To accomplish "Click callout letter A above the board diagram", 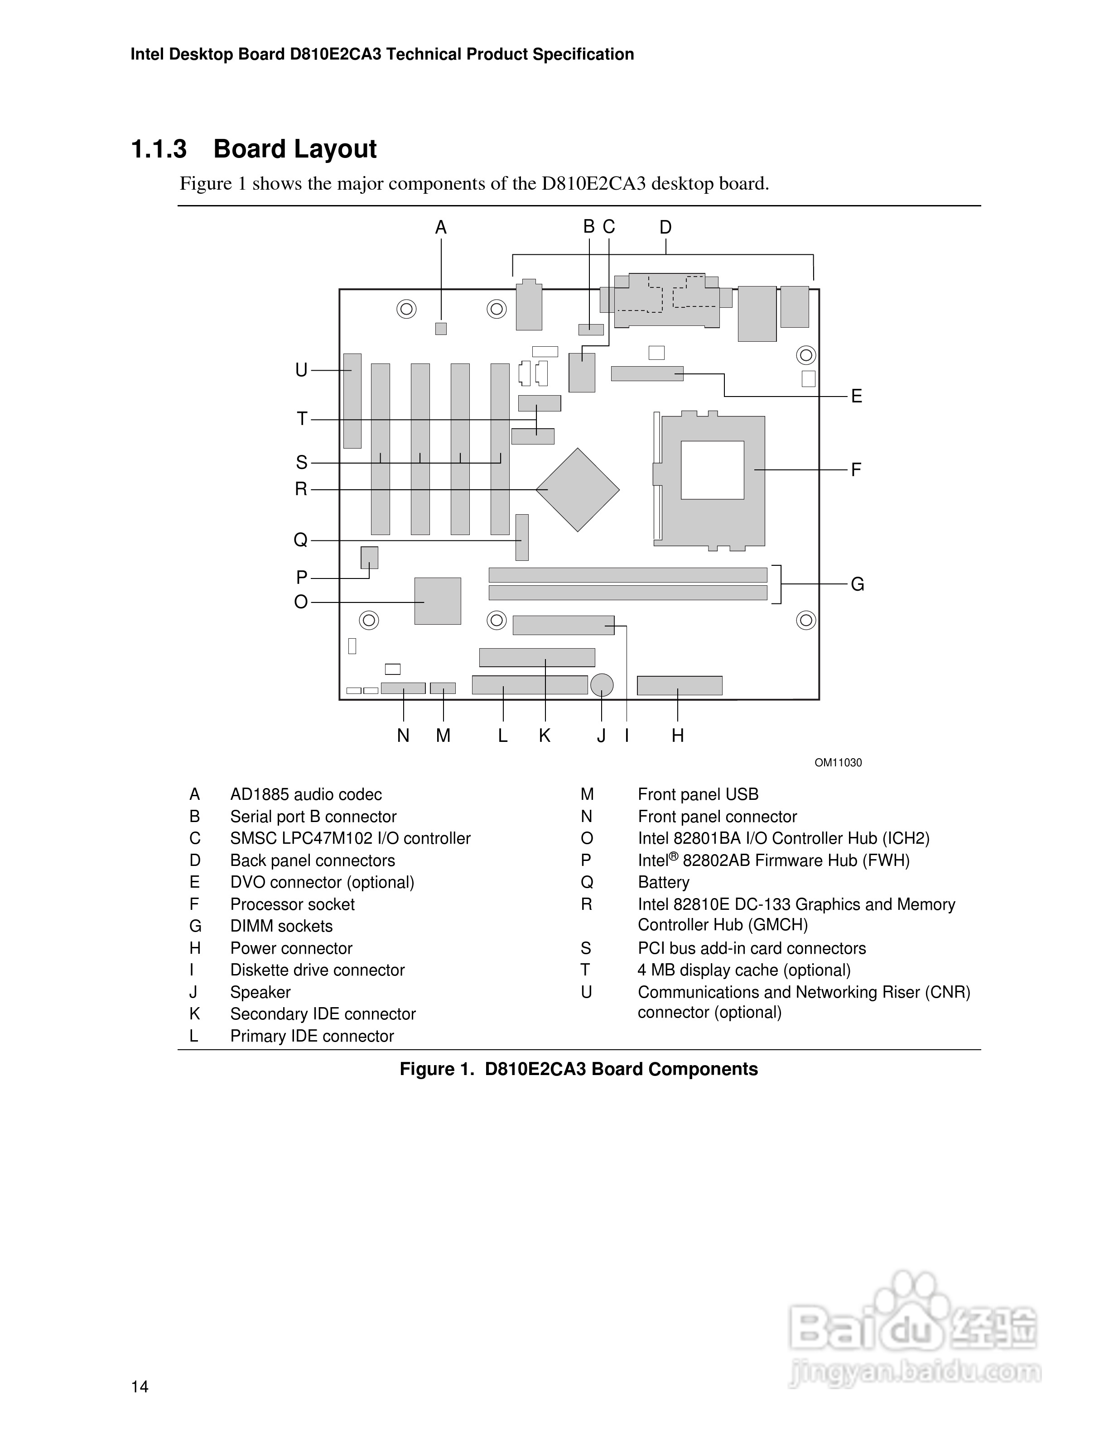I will click(x=441, y=228).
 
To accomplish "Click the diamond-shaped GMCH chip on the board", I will click(x=578, y=490).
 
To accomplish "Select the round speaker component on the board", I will click(x=602, y=685).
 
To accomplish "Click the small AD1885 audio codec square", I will click(x=441, y=328).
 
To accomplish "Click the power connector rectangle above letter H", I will click(x=680, y=685).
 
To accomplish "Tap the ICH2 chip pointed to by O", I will click(x=438, y=601).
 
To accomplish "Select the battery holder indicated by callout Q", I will click(x=521, y=537).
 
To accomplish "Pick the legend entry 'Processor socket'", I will click(x=292, y=904).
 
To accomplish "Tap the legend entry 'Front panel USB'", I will click(x=698, y=794).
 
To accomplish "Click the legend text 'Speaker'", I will click(x=260, y=992).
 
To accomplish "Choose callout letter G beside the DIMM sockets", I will click(x=858, y=584).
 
